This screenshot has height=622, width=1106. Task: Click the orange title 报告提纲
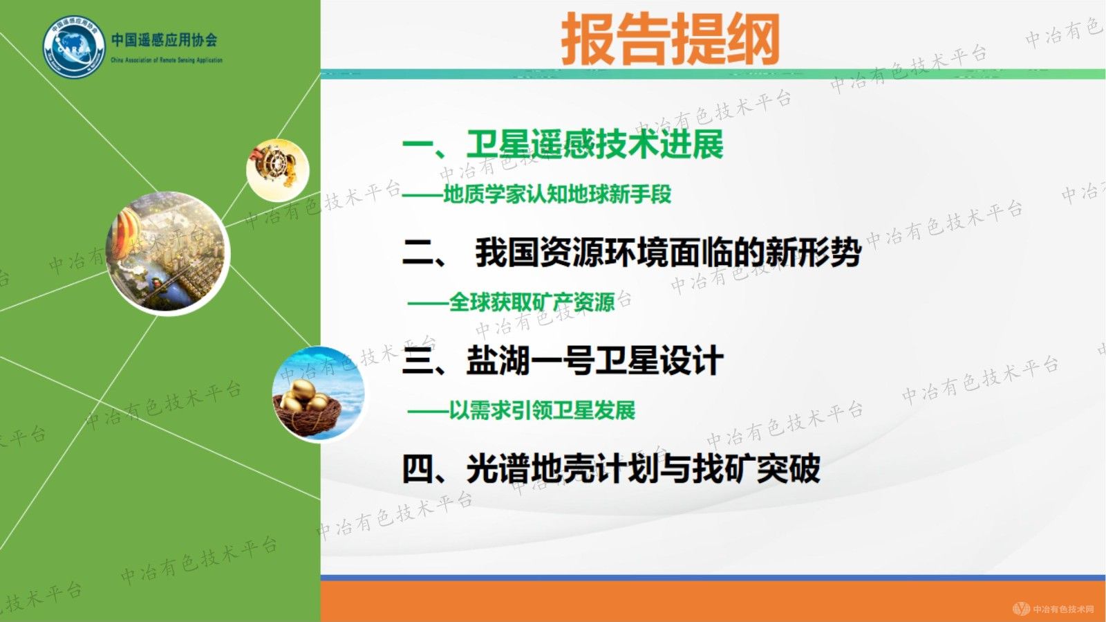coord(670,39)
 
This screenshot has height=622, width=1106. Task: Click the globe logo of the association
coord(74,47)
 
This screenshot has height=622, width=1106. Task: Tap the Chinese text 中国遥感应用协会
coord(165,40)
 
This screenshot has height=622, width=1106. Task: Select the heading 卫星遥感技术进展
coord(595,145)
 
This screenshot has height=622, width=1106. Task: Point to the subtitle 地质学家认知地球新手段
coord(557,194)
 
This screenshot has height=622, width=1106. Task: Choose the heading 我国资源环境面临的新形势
coord(668,252)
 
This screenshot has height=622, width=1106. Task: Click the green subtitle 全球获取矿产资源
coord(532,302)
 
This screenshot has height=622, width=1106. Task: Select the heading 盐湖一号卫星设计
coord(595,360)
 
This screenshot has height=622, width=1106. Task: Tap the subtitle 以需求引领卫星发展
coord(542,410)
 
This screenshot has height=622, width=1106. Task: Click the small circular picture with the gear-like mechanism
coord(277,169)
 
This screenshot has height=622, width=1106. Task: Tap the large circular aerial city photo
coord(169,253)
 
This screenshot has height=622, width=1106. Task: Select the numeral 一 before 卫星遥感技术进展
coord(418,145)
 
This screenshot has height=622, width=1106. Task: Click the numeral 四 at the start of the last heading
coord(418,469)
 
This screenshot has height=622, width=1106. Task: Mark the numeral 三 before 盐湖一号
coord(418,361)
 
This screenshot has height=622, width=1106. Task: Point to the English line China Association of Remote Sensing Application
coord(167,60)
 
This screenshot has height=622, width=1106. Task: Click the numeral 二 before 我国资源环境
coord(418,253)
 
